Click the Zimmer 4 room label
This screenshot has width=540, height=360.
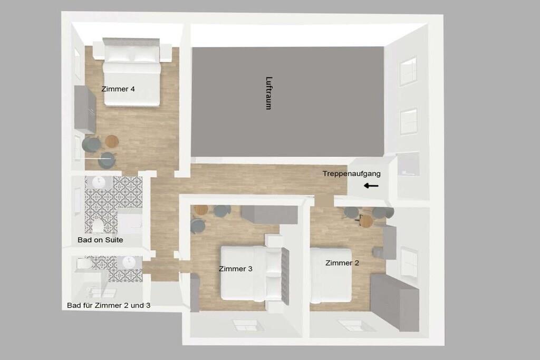click(118, 89)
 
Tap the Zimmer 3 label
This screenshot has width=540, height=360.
click(236, 269)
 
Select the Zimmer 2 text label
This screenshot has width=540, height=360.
click(342, 263)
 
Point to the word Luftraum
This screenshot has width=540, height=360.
click(268, 93)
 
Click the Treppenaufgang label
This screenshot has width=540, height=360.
click(352, 174)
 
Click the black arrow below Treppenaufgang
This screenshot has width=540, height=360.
click(371, 186)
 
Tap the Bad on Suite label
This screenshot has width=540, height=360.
click(100, 240)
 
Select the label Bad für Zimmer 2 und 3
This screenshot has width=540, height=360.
click(109, 305)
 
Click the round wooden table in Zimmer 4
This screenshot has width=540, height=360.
click(112, 140)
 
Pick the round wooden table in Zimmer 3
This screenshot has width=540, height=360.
click(201, 210)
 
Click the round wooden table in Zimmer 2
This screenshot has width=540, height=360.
click(366, 221)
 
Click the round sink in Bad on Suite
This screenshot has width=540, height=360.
click(99, 182)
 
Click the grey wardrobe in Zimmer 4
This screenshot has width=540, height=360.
click(85, 110)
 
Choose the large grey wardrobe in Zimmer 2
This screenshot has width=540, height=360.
click(394, 302)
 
